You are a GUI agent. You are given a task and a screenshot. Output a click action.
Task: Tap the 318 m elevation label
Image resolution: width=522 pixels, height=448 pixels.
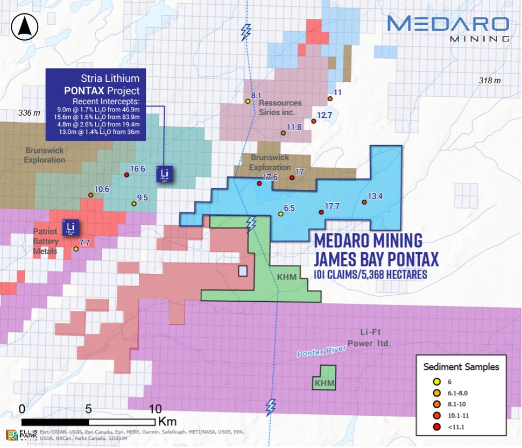point(490,81)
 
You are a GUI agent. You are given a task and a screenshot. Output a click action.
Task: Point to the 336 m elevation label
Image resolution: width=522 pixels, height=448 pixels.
point(29,113)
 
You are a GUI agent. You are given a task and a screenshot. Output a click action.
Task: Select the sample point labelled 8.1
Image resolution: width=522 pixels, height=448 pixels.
point(248,101)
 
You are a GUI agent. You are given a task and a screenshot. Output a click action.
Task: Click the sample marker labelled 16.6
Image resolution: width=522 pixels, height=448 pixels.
point(126,175)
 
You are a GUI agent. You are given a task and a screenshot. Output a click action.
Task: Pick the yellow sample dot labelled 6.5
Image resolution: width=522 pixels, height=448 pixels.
point(280,214)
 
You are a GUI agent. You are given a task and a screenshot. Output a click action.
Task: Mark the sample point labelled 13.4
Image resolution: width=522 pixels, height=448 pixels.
point(364,202)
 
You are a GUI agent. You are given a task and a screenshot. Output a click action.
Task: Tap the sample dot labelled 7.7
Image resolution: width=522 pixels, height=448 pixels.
point(76,249)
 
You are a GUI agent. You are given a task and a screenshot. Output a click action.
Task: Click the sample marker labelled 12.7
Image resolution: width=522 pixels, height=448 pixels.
point(314,122)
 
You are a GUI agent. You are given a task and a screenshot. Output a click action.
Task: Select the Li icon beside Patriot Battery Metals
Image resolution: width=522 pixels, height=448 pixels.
point(69,227)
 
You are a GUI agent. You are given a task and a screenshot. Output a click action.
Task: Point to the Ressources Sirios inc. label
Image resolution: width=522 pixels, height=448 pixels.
point(280,108)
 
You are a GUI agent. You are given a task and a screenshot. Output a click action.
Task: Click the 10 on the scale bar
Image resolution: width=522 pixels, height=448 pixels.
point(154,408)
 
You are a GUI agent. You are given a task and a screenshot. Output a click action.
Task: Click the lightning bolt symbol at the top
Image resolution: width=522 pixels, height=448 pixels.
point(246,32)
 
